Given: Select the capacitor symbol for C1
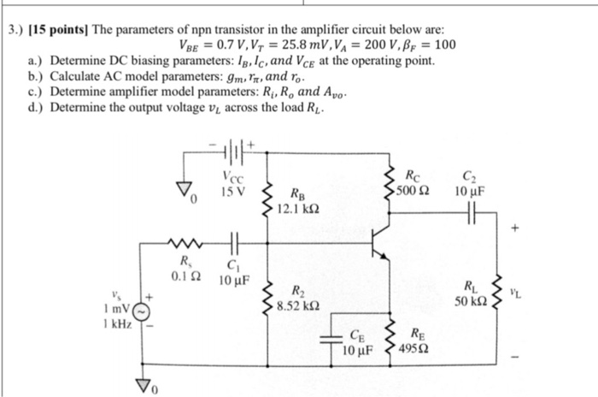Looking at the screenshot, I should (x=232, y=243).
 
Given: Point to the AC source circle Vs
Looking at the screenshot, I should (x=143, y=309).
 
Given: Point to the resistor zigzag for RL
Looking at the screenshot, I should (x=497, y=292).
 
